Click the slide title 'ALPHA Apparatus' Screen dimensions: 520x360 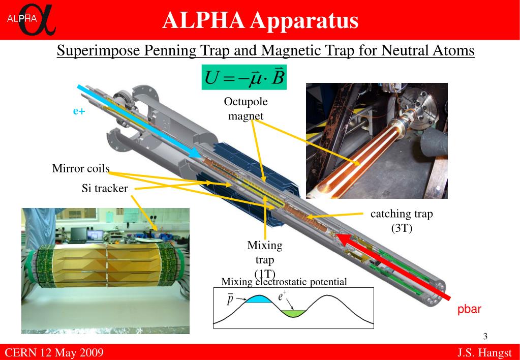260,20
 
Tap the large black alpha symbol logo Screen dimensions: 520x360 36,21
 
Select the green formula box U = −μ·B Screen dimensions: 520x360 244,77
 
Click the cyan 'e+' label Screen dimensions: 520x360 78,111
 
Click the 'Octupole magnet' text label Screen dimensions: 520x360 246,109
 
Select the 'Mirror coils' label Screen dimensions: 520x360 81,168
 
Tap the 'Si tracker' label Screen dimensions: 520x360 105,189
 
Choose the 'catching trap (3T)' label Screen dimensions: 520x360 402,221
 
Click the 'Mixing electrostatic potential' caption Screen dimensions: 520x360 284,282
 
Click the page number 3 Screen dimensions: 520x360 485,336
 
